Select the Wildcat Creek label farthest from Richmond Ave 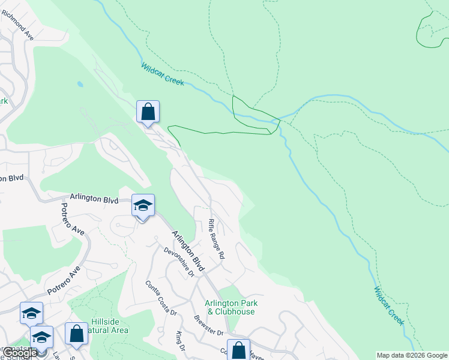click(x=389, y=306)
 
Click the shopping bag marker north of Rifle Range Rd click(x=148, y=112)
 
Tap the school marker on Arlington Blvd click(x=143, y=206)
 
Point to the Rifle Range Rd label click(x=216, y=238)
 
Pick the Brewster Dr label click(x=208, y=325)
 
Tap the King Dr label click(x=179, y=341)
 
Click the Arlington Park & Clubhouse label click(x=231, y=307)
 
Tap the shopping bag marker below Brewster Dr click(x=238, y=350)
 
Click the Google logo click(x=19, y=353)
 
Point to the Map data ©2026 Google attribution click(x=412, y=355)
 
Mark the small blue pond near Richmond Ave click(x=80, y=85)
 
